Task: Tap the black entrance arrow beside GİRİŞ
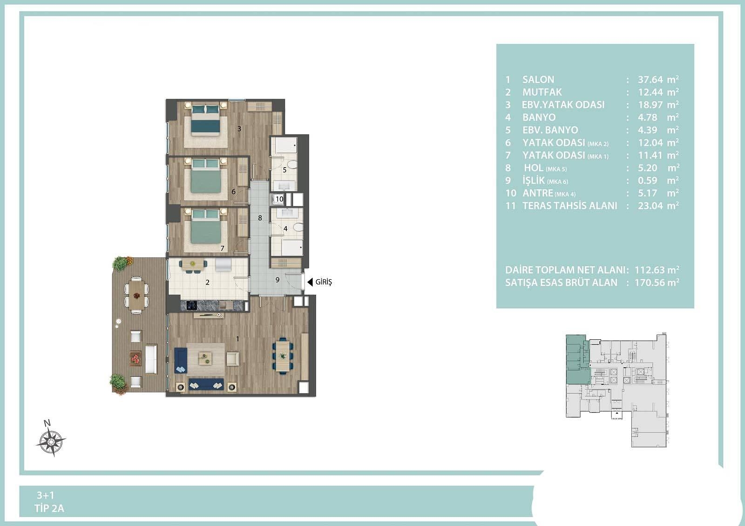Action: click(x=310, y=282)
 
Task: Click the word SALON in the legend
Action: click(x=538, y=80)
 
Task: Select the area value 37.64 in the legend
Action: click(x=650, y=80)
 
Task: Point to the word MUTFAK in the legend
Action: click(x=542, y=92)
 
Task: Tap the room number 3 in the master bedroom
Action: click(x=239, y=128)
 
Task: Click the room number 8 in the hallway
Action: click(x=260, y=218)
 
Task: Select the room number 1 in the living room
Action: click(x=237, y=339)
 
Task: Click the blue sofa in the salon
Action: click(x=206, y=384)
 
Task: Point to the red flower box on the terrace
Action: click(x=135, y=358)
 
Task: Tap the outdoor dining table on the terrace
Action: click(x=136, y=295)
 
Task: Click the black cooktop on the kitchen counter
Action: click(x=191, y=305)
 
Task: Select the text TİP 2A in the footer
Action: click(x=49, y=508)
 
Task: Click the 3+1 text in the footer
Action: click(x=46, y=495)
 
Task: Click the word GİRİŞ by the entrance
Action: click(x=324, y=282)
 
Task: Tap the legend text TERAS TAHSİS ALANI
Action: click(x=570, y=206)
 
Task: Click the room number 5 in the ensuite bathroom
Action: click(x=284, y=170)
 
